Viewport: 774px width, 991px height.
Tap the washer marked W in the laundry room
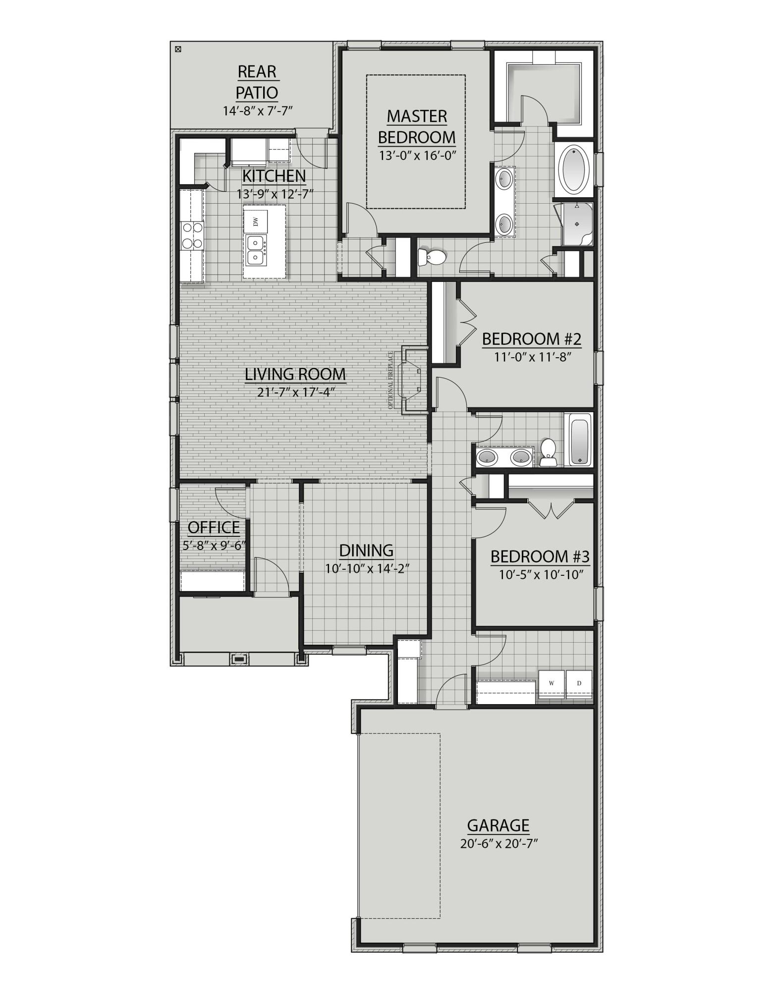pos(552,683)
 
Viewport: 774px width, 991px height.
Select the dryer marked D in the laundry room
pos(579,683)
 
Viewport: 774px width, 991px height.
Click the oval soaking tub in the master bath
pos(574,169)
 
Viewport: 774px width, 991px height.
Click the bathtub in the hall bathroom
pos(579,440)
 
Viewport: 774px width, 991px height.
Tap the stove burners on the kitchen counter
pos(192,235)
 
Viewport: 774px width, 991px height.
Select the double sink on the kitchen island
pos(255,250)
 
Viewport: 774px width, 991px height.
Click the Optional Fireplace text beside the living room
pos(390,380)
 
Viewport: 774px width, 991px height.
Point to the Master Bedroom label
pos(417,126)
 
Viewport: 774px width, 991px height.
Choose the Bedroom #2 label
pos(531,339)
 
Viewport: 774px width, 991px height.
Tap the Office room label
pos(214,527)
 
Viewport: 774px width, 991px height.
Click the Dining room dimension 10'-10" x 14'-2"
pos(367,568)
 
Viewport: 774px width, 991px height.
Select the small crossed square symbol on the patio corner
pos(178,49)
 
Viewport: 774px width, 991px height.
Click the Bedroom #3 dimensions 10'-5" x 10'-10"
pos(540,575)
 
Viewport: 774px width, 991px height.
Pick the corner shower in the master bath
pos(576,224)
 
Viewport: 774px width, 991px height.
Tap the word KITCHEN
pos(274,176)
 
